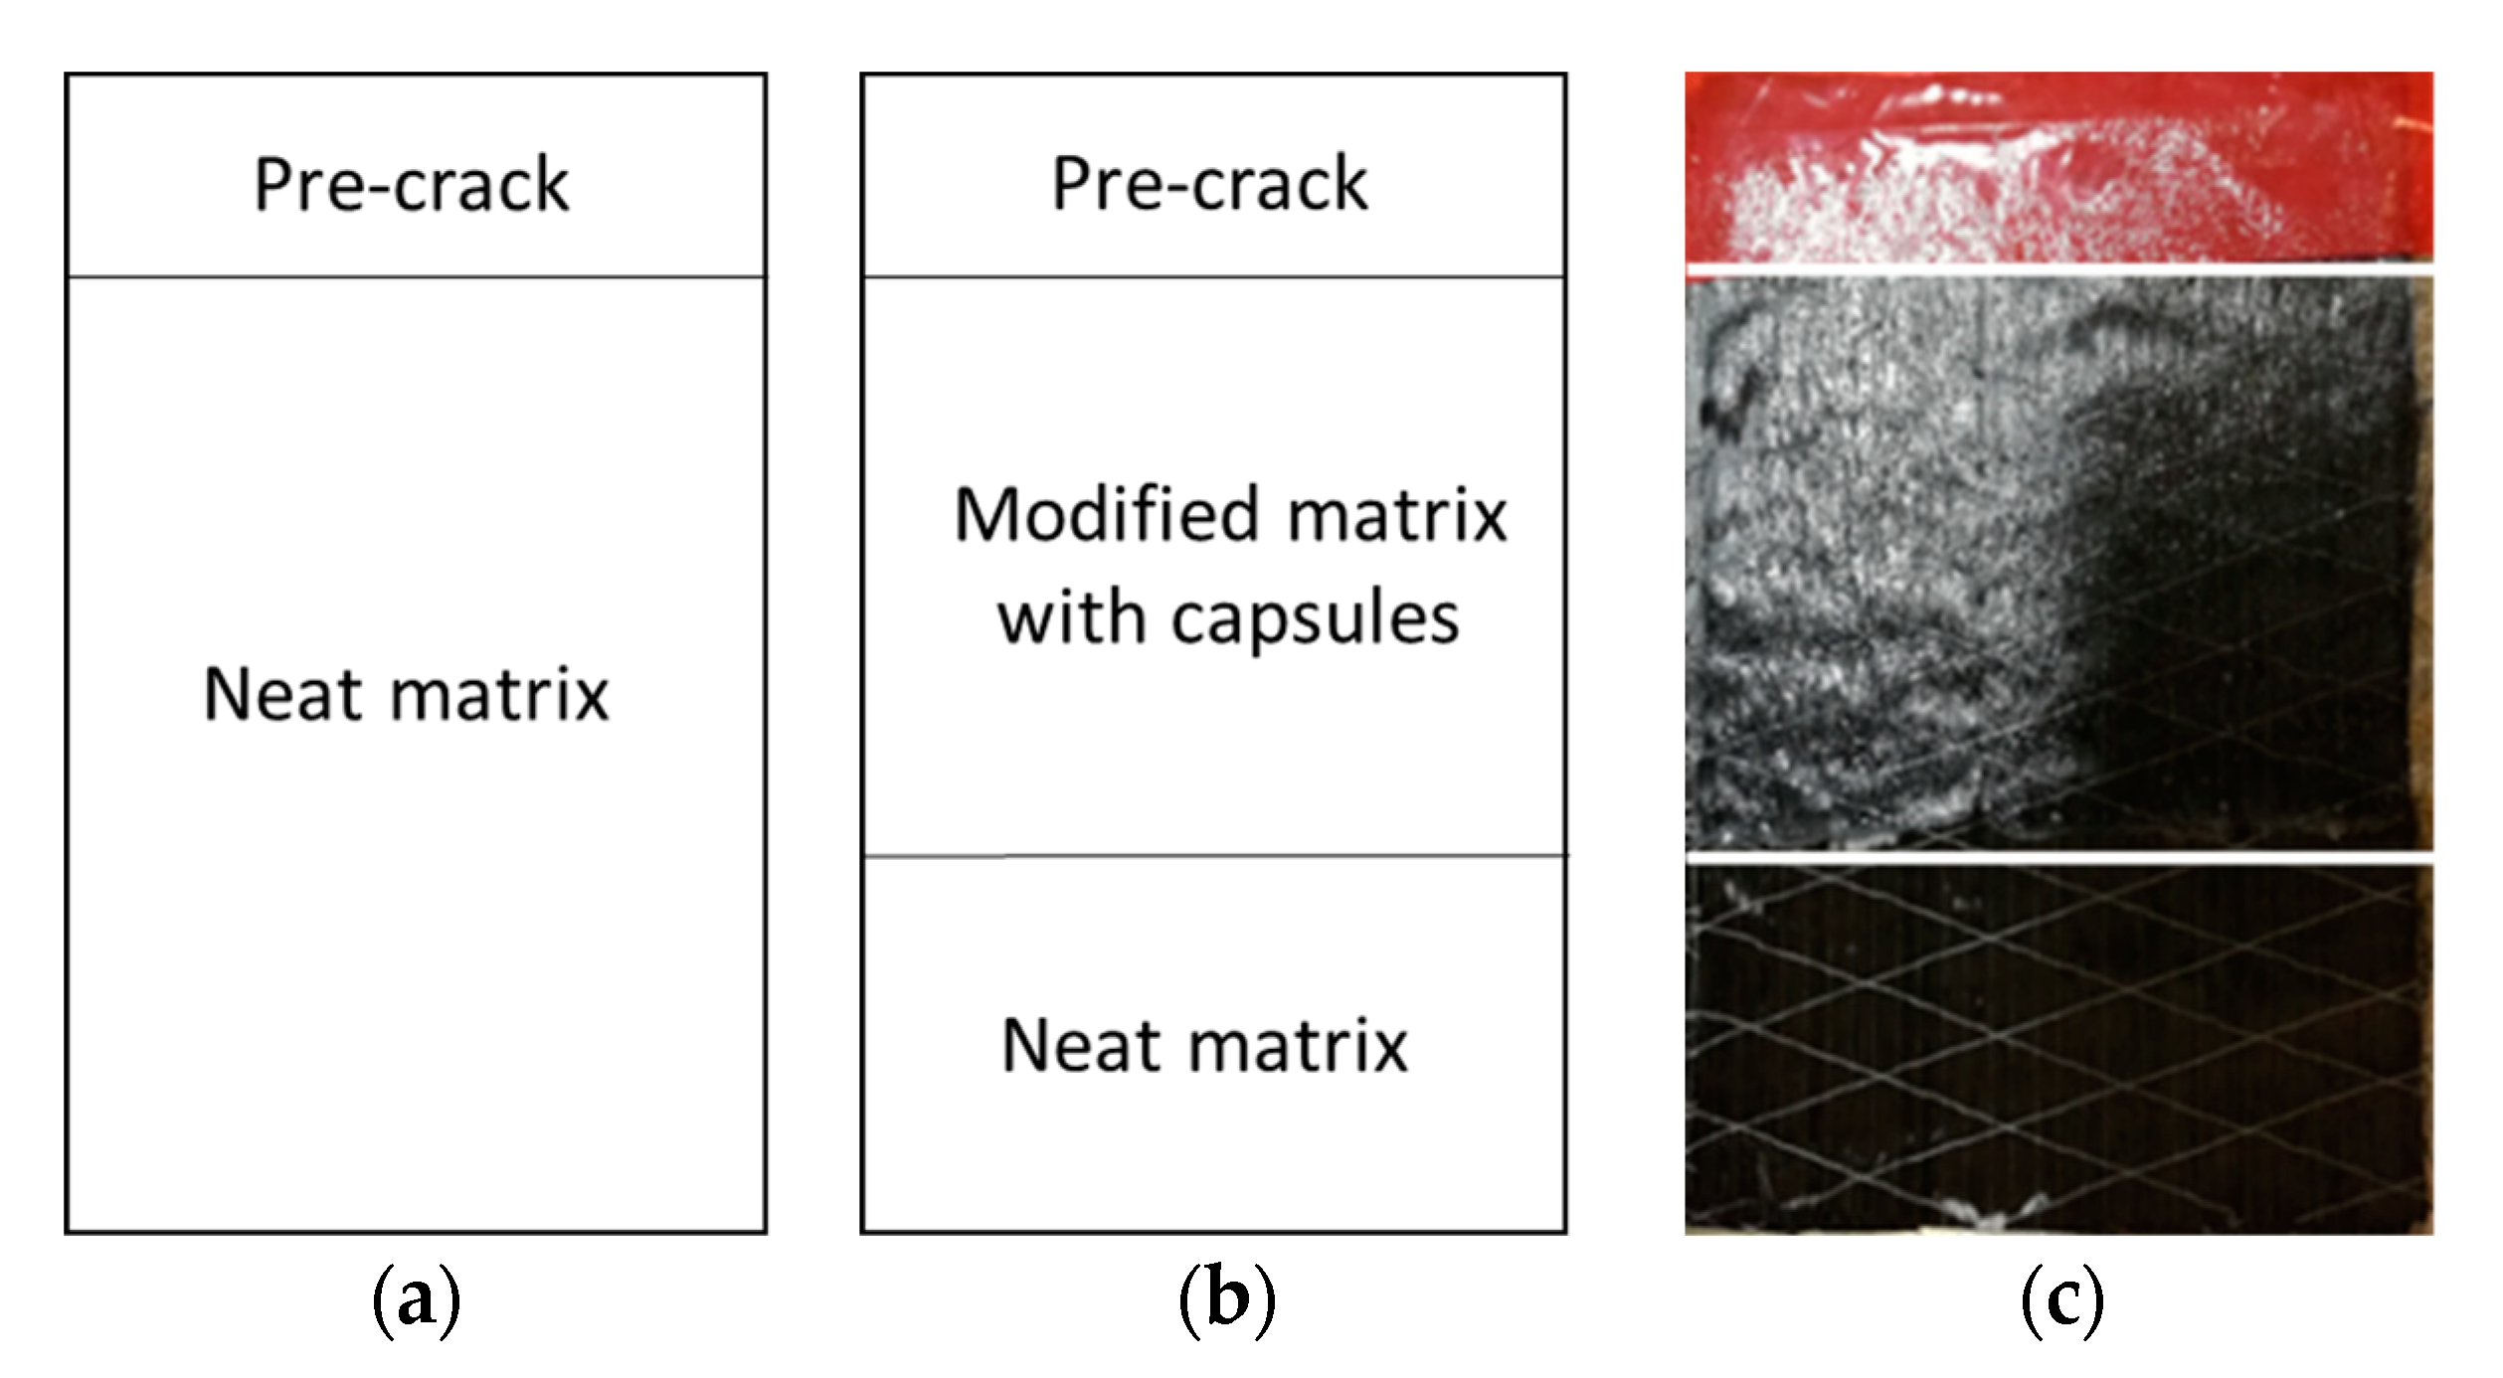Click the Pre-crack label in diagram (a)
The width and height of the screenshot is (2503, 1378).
tap(412, 185)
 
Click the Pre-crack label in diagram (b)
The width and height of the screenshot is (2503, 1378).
tap(1210, 184)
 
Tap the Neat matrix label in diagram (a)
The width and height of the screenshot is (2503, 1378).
tap(406, 694)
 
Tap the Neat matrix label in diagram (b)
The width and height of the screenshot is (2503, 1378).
tap(1204, 1046)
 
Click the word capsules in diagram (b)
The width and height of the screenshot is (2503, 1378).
tap(1315, 619)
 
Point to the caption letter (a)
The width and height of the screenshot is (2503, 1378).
tap(417, 1301)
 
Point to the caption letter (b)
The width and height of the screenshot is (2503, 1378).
tap(1226, 1301)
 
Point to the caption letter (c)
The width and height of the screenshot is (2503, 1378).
tap(2062, 1301)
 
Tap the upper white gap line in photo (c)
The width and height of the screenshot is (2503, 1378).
tap(2058, 269)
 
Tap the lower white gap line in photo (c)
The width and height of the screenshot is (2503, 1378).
tap(2058, 857)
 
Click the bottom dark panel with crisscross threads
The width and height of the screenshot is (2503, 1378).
tap(2058, 1049)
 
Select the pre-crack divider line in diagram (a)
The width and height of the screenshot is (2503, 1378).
tap(416, 276)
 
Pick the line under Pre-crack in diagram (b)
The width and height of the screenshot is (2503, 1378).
tap(1213, 276)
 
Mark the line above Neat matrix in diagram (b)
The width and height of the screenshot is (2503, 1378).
tap(1213, 855)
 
